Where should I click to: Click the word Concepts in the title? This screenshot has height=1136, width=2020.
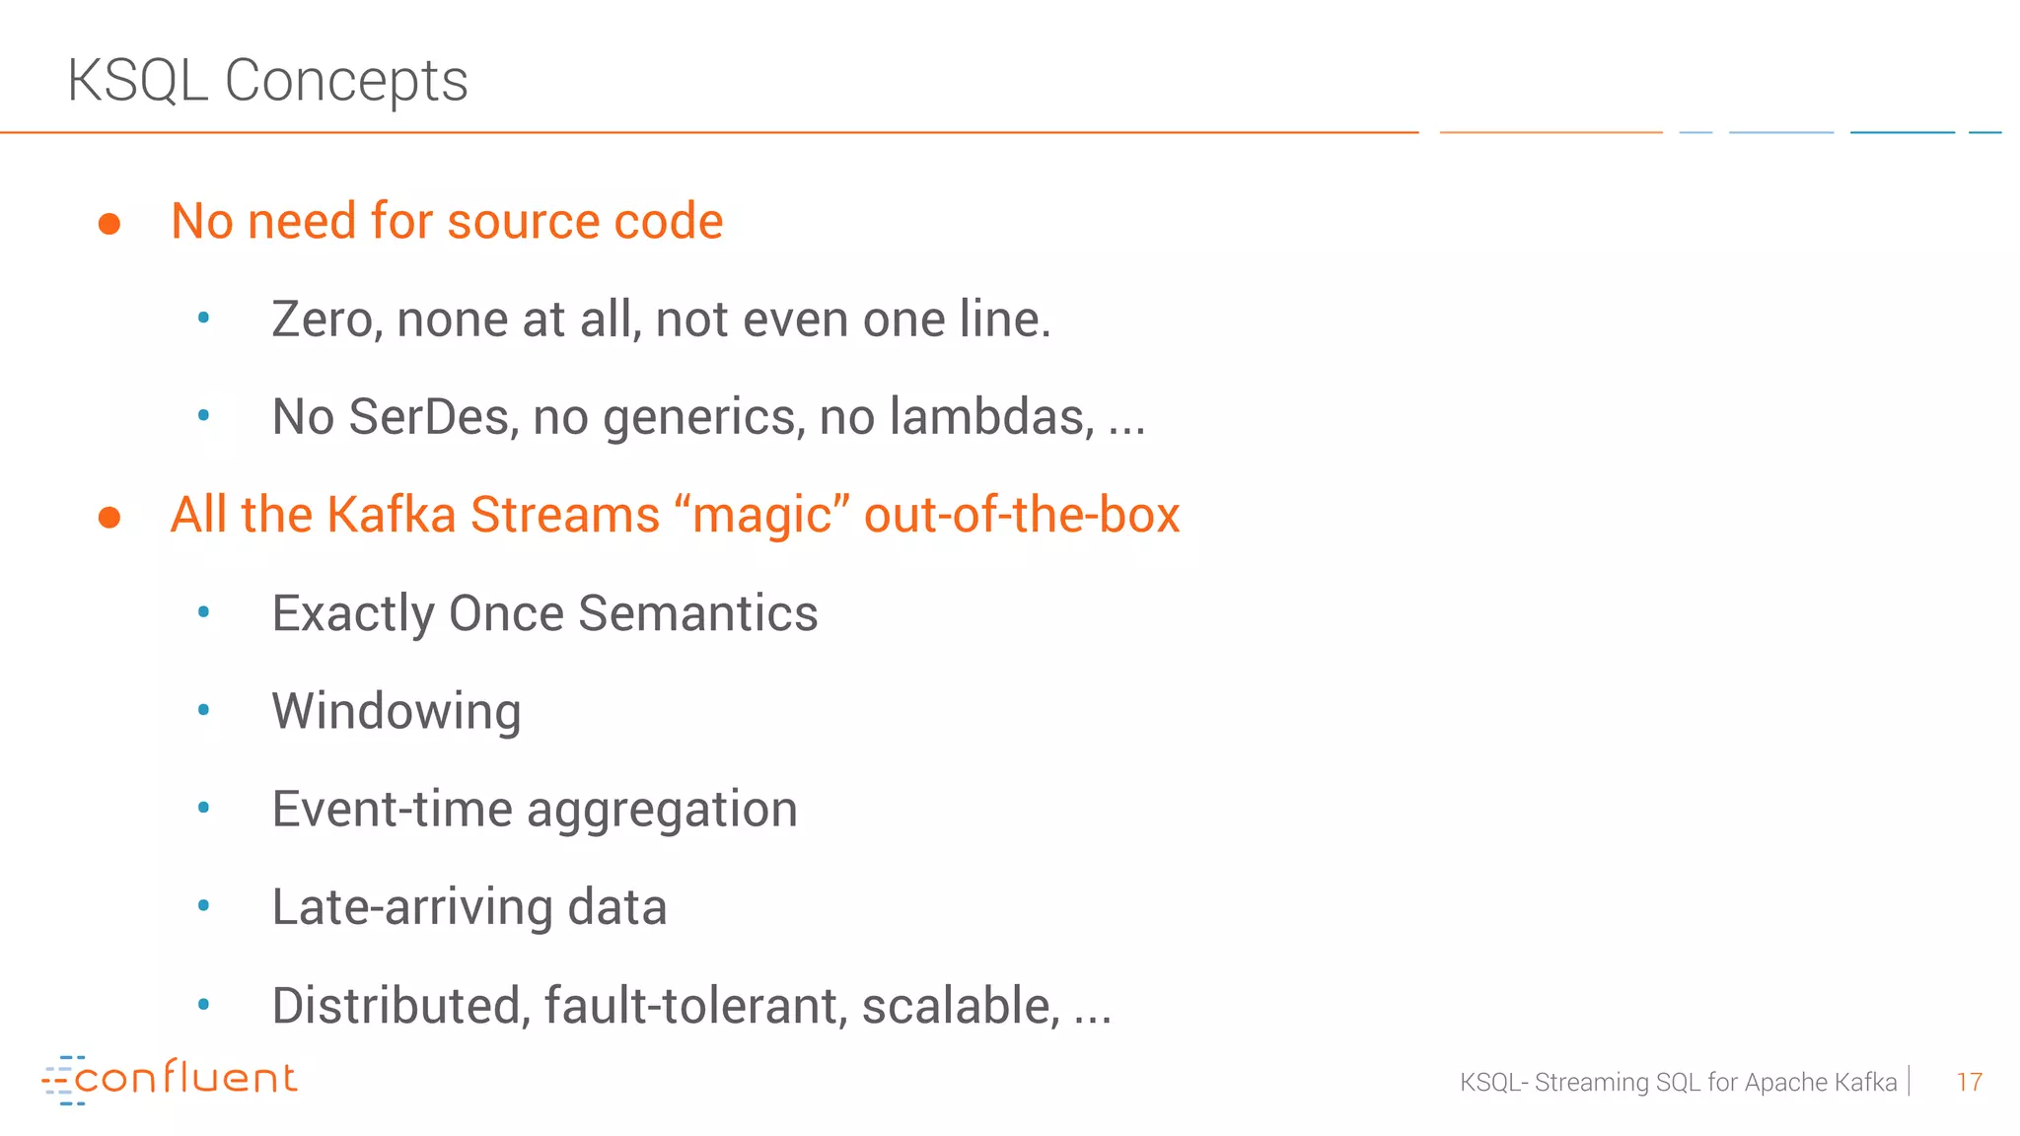pyautogui.click(x=346, y=80)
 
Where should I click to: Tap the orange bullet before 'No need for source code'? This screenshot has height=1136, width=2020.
pyautogui.click(x=109, y=224)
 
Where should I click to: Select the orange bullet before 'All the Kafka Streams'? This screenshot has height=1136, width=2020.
pyautogui.click(x=109, y=518)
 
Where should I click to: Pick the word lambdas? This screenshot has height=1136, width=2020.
pyautogui.click(x=991, y=417)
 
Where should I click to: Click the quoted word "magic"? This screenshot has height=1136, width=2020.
pyautogui.click(x=762, y=515)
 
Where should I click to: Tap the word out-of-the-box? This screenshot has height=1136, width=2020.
pyautogui.click(x=1022, y=515)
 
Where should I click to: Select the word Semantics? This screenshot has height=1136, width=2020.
pyautogui.click(x=698, y=613)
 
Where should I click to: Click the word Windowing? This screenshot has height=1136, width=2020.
pyautogui.click(x=397, y=712)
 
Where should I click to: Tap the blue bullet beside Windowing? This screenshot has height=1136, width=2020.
pyautogui.click(x=204, y=710)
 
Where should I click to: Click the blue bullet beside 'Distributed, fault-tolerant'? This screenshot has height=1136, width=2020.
pyautogui.click(x=204, y=1005)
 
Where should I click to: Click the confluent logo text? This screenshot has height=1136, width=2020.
pyautogui.click(x=185, y=1078)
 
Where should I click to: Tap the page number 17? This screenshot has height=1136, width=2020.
pyautogui.click(x=1969, y=1083)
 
